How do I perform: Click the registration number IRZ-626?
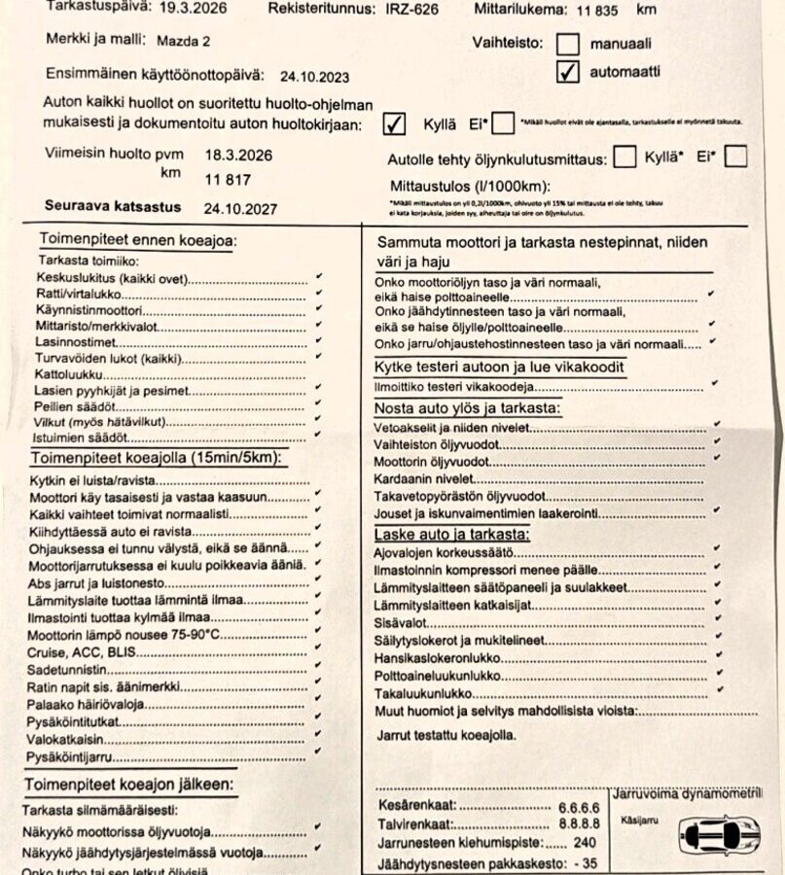coord(406,9)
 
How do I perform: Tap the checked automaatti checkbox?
coord(569,71)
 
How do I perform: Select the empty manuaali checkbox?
coord(568,44)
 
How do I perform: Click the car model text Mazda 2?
coord(181,41)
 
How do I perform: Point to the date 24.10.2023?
coord(315,76)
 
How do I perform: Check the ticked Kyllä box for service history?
coord(394,124)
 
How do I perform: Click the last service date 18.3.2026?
coord(238,155)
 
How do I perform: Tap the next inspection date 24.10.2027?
coord(240,208)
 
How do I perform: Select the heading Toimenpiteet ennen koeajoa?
coord(137,240)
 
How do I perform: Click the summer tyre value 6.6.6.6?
coord(579,807)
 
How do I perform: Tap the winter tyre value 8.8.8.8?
coord(579,824)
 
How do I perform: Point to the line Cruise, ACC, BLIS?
coord(81,651)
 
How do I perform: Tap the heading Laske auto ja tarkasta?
coord(452,535)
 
